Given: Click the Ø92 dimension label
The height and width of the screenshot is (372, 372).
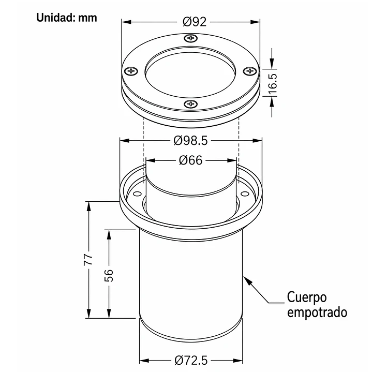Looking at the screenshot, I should (195, 22).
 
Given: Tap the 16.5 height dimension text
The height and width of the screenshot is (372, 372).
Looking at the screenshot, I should (273, 83).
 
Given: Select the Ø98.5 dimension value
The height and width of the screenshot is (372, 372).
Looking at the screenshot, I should (191, 140).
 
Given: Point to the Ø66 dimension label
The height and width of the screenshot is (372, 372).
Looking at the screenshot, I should (190, 160).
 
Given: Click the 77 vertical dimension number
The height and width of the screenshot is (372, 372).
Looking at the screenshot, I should (88, 259).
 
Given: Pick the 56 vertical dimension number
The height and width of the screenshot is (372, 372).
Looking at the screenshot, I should (109, 275).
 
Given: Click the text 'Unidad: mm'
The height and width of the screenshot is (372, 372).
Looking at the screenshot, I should (67, 18).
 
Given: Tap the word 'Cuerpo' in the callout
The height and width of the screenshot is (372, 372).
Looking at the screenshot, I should (307, 297).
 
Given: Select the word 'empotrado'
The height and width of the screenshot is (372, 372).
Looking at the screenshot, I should (317, 313).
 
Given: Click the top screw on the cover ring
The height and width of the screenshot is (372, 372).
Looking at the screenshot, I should (191, 38).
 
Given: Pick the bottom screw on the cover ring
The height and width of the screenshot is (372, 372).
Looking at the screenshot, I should (190, 105).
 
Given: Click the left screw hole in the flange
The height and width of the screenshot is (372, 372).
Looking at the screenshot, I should (137, 195).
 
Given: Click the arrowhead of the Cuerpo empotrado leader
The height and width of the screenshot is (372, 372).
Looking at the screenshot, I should (247, 280).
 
